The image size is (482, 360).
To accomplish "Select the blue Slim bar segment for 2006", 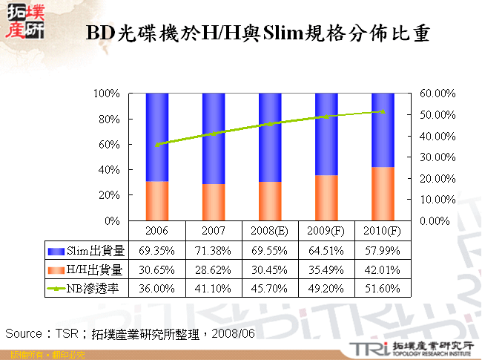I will click(157, 137).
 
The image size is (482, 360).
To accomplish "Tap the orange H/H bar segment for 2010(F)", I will click(383, 194).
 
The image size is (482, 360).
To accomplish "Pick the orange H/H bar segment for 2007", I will click(214, 202).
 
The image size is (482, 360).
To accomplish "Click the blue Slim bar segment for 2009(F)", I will click(326, 134).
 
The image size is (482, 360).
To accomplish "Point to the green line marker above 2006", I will click(157, 144).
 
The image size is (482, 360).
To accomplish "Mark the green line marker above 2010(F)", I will click(383, 111).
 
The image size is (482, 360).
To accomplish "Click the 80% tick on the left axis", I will click(108, 119).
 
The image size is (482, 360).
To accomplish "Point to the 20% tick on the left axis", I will click(108, 195).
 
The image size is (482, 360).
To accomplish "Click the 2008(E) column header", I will click(270, 230).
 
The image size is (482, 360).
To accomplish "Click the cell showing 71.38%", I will click(214, 249).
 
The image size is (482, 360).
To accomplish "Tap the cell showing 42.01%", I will click(383, 269).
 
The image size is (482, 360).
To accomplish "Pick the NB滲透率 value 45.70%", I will click(270, 287).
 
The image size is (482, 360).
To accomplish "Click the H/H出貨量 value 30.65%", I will click(157, 269).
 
